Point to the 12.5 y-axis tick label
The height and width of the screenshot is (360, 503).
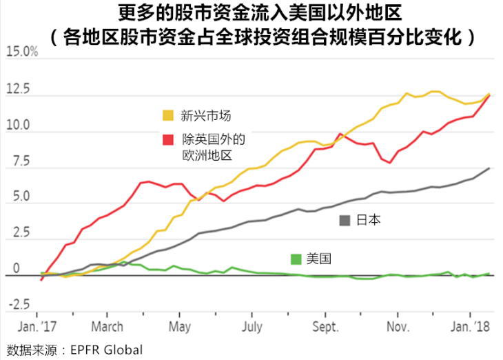coord(19,90)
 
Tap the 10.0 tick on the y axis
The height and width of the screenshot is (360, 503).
coord(19,126)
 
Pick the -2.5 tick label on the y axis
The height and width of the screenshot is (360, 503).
coord(18,304)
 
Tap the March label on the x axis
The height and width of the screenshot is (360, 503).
coord(106,326)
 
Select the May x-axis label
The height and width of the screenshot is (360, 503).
coord(179,326)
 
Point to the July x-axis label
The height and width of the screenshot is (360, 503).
coord(252,326)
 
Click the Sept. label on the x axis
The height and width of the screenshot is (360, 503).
coord(325,326)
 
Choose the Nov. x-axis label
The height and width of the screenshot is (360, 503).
coord(398,326)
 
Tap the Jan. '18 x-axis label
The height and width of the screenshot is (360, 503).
coord(471,326)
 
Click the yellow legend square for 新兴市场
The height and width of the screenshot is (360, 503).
coord(168,115)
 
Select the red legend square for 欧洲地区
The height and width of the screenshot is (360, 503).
coord(168,139)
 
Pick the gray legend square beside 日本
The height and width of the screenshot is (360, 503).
coord(346,221)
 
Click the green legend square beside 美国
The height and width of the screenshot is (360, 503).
coord(296,259)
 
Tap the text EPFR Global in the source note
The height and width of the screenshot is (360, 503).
coord(103,350)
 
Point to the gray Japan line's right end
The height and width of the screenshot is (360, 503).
coord(489,168)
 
